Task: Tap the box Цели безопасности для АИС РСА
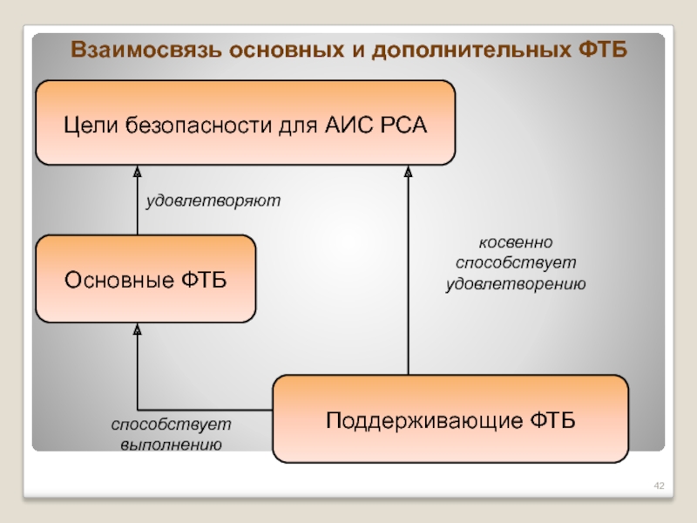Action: coord(245,123)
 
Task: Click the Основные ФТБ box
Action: coord(145,280)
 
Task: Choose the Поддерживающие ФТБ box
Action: coord(450,419)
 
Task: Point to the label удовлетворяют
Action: coord(213,200)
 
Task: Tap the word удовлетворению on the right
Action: coord(517,283)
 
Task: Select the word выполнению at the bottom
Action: coord(171,444)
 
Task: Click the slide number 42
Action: coord(659,484)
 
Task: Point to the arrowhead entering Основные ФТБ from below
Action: coord(138,329)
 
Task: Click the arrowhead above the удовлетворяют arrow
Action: coord(138,173)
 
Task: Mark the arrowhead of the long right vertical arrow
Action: coord(407,173)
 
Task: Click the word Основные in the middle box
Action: coord(118,280)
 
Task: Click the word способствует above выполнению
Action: coord(171,424)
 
